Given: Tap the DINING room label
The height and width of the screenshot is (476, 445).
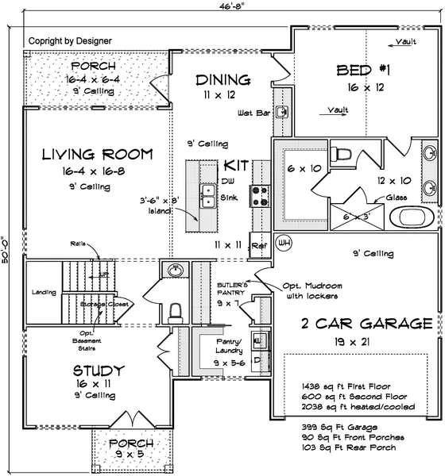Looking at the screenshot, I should (223, 80).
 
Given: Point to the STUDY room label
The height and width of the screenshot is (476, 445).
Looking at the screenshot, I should (99, 370).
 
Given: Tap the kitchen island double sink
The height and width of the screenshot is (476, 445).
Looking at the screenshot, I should (208, 194).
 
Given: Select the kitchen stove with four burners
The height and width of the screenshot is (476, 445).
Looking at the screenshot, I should (260, 194).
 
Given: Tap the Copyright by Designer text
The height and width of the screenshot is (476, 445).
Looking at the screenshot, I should (70, 40).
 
